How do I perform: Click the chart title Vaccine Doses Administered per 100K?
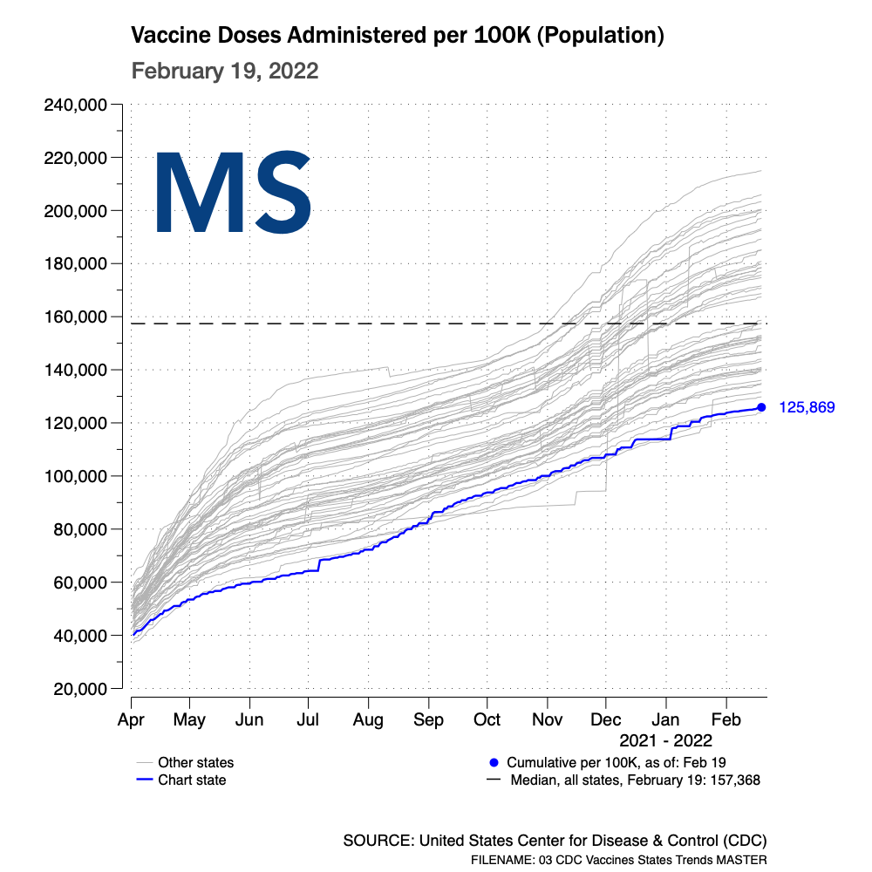pos(398,36)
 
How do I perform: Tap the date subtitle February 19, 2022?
pos(224,71)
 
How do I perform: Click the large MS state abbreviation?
pos(233,193)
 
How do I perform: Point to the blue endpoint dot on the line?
pos(761,407)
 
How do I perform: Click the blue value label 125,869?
pos(807,407)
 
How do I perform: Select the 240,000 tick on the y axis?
pos(75,106)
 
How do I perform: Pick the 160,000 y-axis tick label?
pos(75,317)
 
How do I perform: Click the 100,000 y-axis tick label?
pos(75,476)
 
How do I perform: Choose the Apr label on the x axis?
pos(131,720)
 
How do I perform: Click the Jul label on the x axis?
pos(308,720)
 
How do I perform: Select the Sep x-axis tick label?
pos(428,720)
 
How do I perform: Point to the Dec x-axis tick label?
pos(606,720)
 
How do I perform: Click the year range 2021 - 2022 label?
pos(665,741)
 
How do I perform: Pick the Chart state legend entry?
pos(191,780)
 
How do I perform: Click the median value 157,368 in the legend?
pos(737,780)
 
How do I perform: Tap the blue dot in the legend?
pos(494,762)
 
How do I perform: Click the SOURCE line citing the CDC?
pos(555,841)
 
